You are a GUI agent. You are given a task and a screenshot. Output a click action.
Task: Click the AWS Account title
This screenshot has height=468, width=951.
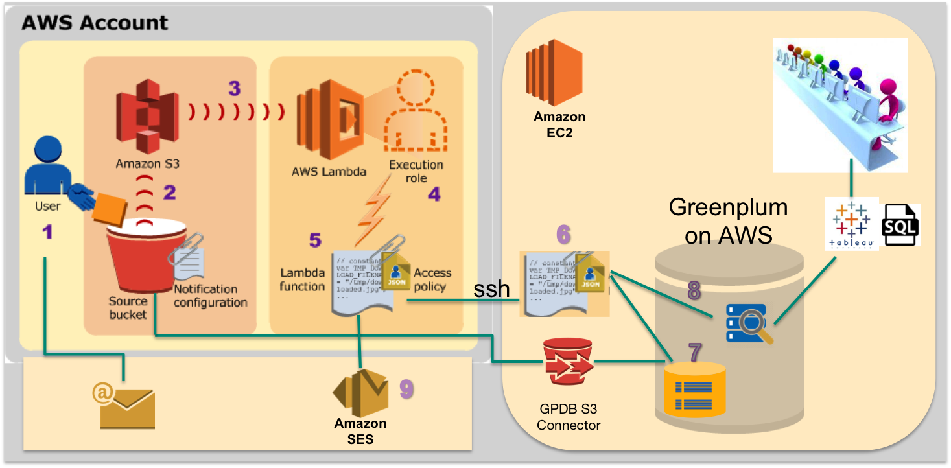pyautogui.click(x=95, y=23)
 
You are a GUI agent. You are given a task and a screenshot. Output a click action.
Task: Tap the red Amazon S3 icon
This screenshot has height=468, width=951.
pyautogui.click(x=147, y=120)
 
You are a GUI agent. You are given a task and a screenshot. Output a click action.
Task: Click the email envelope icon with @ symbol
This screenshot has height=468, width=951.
pyautogui.click(x=126, y=405)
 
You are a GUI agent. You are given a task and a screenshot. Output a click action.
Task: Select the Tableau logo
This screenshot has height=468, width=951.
pyautogui.click(x=852, y=224)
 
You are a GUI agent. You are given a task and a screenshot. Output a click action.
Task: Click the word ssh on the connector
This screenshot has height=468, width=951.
pyautogui.click(x=491, y=288)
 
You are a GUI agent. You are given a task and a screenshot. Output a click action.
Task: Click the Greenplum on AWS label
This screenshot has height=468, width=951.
pyautogui.click(x=728, y=220)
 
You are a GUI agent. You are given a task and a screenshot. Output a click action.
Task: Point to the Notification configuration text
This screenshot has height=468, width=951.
pyautogui.click(x=210, y=296)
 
